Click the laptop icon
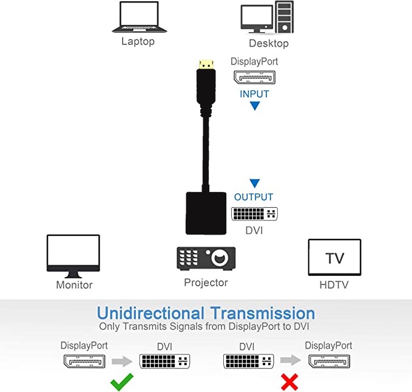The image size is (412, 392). pos(140,17)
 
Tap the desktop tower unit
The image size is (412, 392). pos(285,17)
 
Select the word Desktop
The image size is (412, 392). pos(269,43)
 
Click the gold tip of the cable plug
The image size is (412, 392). pos(206,64)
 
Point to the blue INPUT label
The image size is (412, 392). pos(254,94)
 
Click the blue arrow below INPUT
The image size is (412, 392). pos(255,106)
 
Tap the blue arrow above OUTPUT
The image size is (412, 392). pos(255,183)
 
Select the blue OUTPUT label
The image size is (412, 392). pos(254,197)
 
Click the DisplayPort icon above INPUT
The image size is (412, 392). pos(254,77)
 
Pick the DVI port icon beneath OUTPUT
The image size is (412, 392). pos(254,214)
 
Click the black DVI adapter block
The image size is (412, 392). pos(206,213)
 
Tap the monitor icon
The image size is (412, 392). pos(73,256)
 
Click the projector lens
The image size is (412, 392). pos(220,258)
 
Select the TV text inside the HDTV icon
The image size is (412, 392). pos(334,258)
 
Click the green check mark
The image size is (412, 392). pos(122,382)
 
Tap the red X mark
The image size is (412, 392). pos(289,382)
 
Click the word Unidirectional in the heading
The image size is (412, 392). pos(150,313)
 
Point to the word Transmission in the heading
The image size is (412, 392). pos(263,313)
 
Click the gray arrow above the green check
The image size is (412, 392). pos(122,361)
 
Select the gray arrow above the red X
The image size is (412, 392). pos(291,360)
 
